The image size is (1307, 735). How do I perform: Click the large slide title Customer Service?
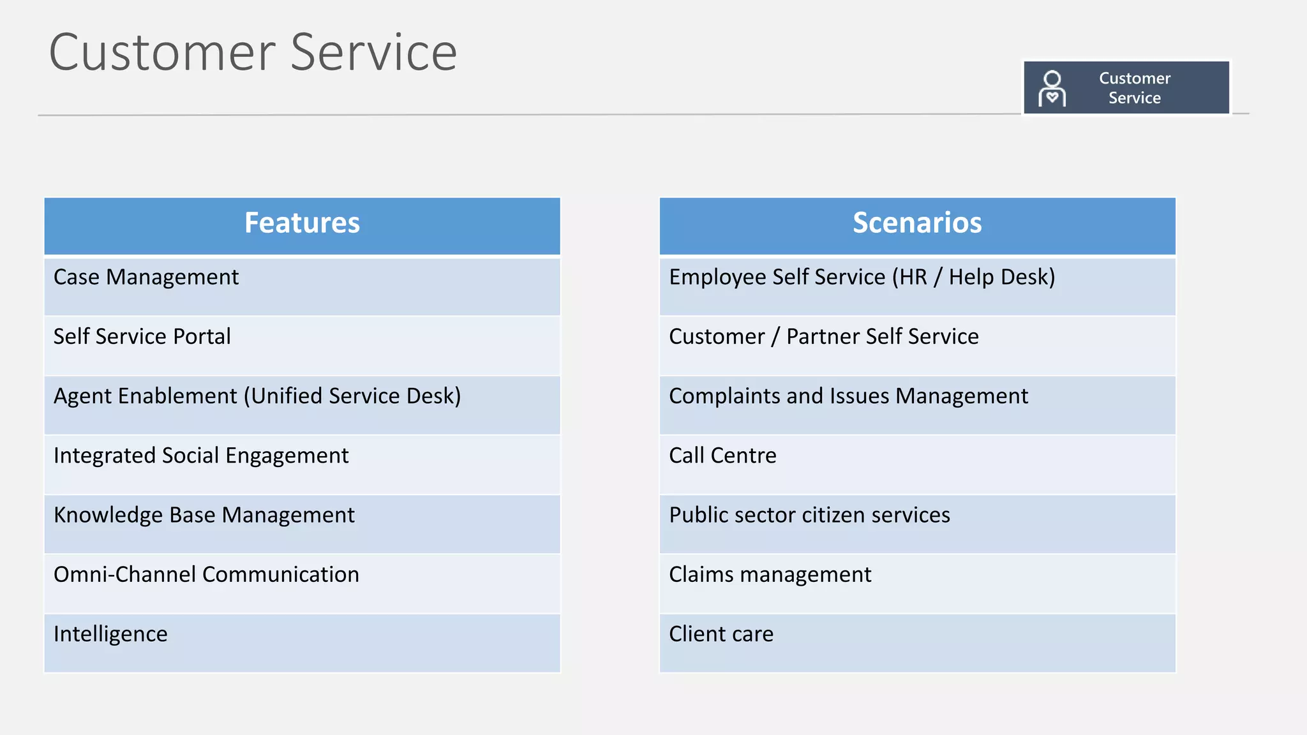click(253, 52)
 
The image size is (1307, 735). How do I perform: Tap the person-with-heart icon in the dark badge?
click(1052, 88)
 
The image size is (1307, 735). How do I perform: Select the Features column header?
click(302, 223)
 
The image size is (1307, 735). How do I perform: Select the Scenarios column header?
click(917, 223)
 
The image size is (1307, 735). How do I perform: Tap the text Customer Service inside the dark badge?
click(1134, 88)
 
